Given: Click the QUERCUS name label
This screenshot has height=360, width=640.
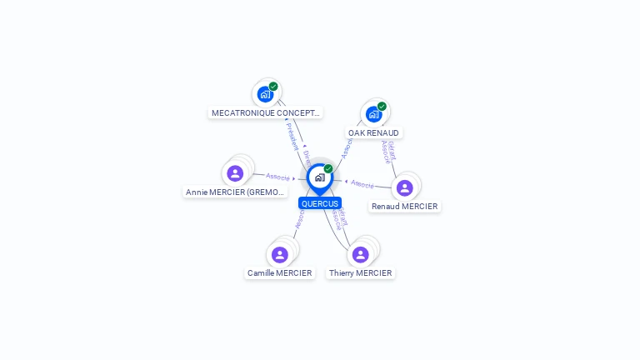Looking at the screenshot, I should tap(320, 203).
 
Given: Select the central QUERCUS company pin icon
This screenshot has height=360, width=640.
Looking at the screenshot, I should tap(319, 177).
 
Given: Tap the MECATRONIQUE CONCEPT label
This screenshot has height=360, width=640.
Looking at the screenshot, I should tap(265, 112).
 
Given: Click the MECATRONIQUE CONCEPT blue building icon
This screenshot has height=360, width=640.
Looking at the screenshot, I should tap(265, 94).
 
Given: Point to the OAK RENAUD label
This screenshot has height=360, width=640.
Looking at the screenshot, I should tap(373, 132).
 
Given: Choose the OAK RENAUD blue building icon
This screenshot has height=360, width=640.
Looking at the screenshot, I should tap(373, 114).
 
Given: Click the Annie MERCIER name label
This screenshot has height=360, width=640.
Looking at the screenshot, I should tap(235, 192).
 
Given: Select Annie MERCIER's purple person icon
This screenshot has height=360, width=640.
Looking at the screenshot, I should tap(235, 173).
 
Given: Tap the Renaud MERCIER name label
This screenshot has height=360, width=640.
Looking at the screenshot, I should tap(404, 206).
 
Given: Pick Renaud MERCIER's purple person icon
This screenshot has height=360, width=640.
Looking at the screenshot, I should tap(404, 187).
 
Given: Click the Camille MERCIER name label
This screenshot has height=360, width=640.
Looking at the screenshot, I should tap(279, 272).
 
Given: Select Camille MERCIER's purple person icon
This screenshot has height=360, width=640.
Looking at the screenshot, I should tap(279, 254).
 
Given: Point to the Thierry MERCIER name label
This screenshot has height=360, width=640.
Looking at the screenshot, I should tap(360, 272).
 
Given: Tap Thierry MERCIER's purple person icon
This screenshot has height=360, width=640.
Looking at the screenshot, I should tap(360, 254).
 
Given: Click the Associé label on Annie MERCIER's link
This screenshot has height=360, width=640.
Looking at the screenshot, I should tap(277, 177).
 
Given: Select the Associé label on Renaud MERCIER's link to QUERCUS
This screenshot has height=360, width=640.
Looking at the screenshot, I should tap(362, 183).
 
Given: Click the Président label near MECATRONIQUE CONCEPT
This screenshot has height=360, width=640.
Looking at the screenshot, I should tap(292, 136).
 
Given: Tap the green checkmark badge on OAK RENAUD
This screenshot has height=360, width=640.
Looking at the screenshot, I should tap(382, 107).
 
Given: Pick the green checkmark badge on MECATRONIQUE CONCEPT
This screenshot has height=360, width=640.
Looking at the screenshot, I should tap(273, 87).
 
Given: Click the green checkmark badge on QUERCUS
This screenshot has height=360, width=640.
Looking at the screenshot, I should tap(328, 169).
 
